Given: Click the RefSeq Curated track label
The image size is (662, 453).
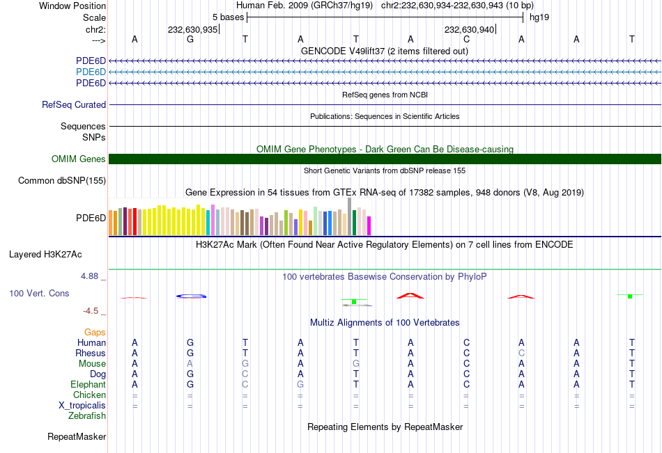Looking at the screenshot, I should coord(74,105).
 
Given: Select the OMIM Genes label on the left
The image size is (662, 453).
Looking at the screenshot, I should coord(79,159).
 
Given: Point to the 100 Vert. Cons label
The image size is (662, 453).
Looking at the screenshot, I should coord(39,294).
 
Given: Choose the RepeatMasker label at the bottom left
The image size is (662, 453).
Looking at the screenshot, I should coord(77,437).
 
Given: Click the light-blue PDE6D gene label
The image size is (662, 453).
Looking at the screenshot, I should coord(91,72).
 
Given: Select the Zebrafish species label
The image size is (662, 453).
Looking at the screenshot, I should coord(87,416).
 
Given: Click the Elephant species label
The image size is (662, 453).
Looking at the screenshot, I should coord(88,385).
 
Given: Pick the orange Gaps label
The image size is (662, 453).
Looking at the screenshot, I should coord(95,333).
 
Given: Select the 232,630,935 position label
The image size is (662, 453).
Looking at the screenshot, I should coord(192,30).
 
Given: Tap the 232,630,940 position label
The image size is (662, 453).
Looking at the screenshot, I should coord(469,30).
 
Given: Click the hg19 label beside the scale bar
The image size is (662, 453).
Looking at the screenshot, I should coord(539,17).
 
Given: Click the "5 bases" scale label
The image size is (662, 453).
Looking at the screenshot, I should coord(228,17).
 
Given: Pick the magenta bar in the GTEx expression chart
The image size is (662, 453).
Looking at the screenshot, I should coord(369,225).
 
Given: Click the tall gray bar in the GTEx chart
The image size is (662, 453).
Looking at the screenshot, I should coord(349,216).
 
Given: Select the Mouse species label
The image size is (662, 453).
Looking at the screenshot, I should coord(91,364).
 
